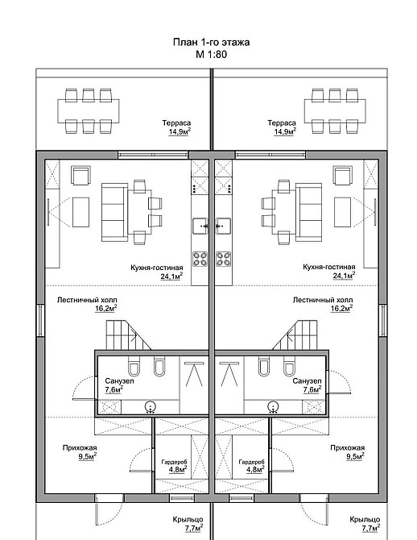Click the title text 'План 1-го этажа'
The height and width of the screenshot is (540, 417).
click(211, 42)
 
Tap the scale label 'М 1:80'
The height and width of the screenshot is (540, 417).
click(211, 54)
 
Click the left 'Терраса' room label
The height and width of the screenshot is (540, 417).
click(176, 123)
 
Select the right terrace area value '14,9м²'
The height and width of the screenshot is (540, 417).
click(285, 131)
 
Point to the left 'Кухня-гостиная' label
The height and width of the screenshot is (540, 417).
click(157, 268)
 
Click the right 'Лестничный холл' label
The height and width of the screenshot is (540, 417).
click(323, 300)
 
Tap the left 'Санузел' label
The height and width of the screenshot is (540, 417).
click(119, 381)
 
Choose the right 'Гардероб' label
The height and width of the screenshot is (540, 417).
click(251, 462)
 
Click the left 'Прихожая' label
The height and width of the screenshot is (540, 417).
click(80, 448)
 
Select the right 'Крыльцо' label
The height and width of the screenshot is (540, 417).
click(365, 519)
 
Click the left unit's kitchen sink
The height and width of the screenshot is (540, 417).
click(200, 226)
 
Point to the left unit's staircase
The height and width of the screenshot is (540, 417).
click(128, 335)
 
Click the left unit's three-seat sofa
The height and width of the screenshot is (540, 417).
click(114, 212)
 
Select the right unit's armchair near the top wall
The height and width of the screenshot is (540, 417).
click(343, 175)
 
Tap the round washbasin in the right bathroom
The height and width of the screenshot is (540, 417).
click(273, 407)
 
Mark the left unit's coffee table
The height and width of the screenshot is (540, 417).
click(81, 212)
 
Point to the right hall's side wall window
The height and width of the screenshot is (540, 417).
click(382, 320)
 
